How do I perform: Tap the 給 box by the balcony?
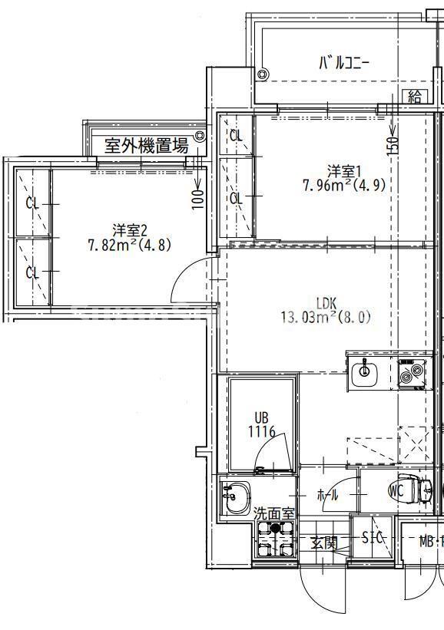416,96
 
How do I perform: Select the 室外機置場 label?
146,146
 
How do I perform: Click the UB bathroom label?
262,418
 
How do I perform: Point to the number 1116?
261,432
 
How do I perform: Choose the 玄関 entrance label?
323,543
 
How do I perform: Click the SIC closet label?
373,538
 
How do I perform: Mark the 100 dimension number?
197,199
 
